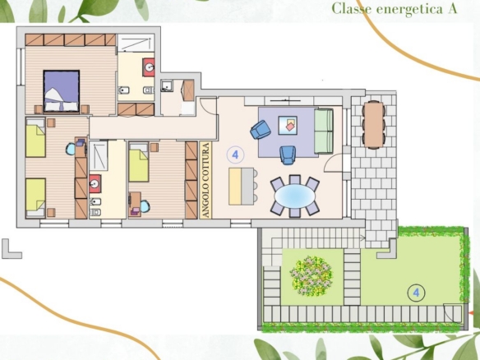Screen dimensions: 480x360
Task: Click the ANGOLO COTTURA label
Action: point(206,180)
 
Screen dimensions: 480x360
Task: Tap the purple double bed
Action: point(62,91)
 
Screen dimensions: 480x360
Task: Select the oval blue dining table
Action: point(295,196)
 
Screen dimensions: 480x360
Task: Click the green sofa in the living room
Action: point(324,131)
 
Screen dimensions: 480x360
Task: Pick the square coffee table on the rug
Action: point(288,125)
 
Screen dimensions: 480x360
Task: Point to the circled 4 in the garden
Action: point(416,293)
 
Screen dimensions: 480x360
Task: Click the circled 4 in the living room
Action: point(235,155)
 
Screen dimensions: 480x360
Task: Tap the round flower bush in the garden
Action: point(312,276)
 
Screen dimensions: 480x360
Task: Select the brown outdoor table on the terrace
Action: point(373,125)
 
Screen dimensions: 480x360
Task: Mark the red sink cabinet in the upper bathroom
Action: point(149,67)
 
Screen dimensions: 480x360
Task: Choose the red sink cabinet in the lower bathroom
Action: point(95,183)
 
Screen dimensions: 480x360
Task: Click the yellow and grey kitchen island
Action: point(242,186)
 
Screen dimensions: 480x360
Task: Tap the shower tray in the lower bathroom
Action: point(99,155)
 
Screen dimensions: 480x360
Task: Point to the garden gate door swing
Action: point(452,313)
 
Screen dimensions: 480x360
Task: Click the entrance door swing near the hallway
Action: point(209,106)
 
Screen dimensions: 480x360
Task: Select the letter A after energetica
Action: point(452,9)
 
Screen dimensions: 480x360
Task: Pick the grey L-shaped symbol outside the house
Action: point(12,249)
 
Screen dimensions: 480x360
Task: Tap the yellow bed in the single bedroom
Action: point(139,161)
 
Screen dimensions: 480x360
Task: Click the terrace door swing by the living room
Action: point(334,163)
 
